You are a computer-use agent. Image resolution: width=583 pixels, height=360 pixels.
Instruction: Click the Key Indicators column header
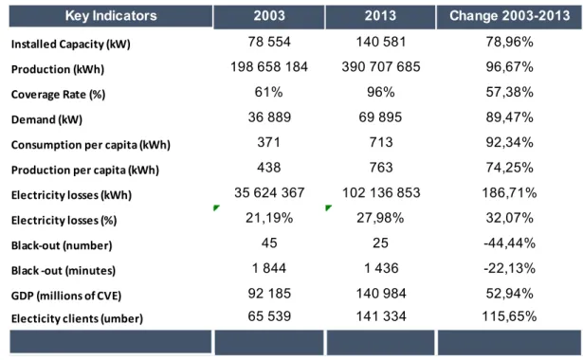(x=111, y=16)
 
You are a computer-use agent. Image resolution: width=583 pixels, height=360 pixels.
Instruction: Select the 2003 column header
(x=269, y=15)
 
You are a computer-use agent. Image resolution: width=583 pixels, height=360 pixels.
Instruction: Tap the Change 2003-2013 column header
(x=509, y=15)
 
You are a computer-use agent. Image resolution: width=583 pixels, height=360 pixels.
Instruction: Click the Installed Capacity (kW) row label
(x=71, y=45)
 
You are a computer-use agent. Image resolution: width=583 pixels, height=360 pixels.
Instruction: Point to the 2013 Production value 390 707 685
(x=381, y=67)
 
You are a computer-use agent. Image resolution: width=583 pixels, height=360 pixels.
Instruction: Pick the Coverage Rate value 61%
(x=268, y=92)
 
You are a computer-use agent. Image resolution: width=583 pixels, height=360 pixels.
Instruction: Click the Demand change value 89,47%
(x=509, y=117)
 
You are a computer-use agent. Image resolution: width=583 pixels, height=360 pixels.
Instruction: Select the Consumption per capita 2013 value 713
(x=381, y=142)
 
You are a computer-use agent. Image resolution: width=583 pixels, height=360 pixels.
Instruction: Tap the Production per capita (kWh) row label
(x=85, y=171)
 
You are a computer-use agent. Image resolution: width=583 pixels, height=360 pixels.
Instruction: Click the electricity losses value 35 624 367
(x=269, y=193)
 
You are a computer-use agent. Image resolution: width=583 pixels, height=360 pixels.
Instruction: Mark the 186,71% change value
(x=509, y=193)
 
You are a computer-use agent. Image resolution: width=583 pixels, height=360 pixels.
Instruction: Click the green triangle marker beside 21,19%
(x=216, y=207)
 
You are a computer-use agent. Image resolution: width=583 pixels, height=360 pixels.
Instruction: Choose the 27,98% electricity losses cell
(x=380, y=218)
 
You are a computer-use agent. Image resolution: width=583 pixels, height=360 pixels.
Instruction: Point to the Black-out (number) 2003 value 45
(x=269, y=243)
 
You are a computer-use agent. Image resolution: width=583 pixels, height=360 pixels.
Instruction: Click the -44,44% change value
(x=509, y=243)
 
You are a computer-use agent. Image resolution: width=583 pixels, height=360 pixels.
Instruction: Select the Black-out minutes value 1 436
(x=381, y=268)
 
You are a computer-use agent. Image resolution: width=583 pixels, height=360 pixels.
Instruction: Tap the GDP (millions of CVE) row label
(x=66, y=296)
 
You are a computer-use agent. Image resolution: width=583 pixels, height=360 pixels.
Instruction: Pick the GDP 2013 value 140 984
(x=381, y=294)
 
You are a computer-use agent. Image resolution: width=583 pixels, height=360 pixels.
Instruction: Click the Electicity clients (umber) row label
(x=77, y=318)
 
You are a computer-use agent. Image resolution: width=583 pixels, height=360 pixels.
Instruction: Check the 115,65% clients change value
(x=509, y=316)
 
